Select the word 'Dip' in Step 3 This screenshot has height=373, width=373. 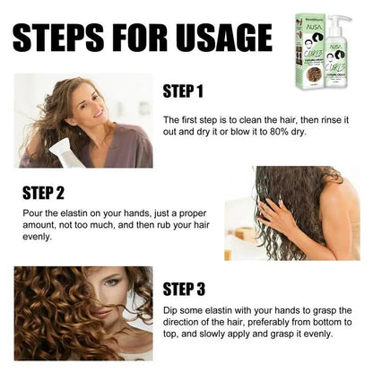tap(172, 310)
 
